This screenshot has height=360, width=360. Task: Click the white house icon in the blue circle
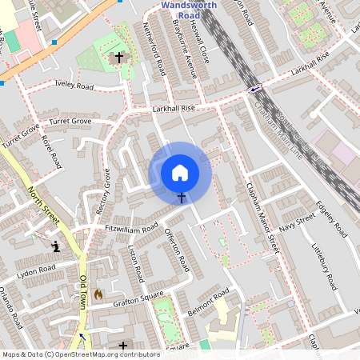pyautogui.click(x=180, y=172)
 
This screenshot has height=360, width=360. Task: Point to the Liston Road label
pyautogui.click(x=134, y=263)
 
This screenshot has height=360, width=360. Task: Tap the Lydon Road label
pyautogui.click(x=35, y=272)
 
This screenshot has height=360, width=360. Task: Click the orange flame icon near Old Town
pyautogui.click(x=98, y=294)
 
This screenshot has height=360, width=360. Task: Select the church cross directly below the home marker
pyautogui.click(x=181, y=197)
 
